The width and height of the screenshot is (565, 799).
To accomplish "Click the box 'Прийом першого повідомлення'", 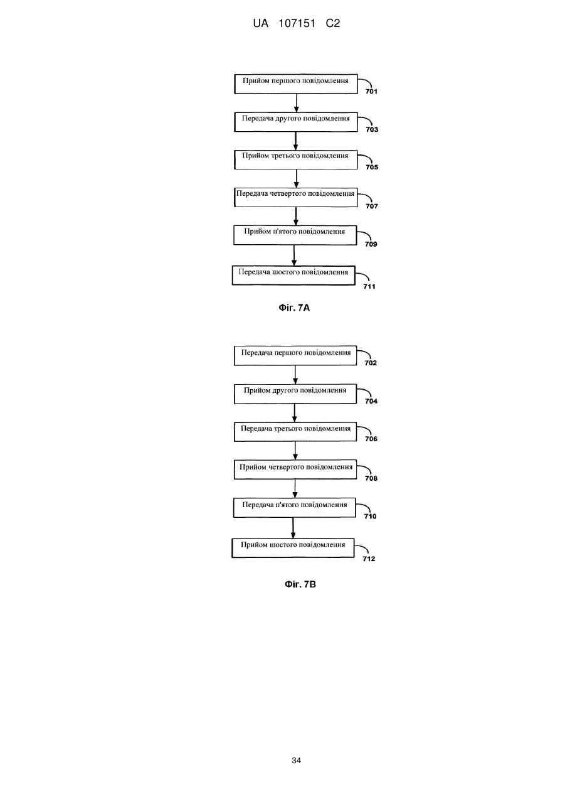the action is point(296,84).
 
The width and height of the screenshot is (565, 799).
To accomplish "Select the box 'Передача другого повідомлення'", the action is point(296,122).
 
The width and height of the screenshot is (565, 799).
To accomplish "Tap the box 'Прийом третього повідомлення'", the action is point(296,159).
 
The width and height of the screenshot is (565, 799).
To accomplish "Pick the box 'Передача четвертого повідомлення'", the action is point(296,197).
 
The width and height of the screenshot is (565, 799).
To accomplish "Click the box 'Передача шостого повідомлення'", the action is point(293,276).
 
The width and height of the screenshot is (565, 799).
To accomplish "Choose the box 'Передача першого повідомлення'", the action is point(295,355).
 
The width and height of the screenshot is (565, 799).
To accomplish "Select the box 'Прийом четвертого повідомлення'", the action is point(295,469).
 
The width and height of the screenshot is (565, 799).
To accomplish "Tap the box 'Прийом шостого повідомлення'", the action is point(293,548).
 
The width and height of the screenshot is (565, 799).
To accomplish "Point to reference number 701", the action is point(371,91).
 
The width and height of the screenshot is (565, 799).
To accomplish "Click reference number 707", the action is point(372,206).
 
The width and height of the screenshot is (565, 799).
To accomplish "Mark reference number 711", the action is point(369,286).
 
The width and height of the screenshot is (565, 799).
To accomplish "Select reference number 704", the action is point(371,401).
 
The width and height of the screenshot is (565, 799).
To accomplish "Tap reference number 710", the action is point(371,516).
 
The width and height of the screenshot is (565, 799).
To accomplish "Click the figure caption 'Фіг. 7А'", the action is point(294,308).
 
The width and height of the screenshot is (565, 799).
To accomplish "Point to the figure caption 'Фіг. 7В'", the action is point(300,584).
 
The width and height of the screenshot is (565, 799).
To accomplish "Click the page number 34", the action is point(296,761).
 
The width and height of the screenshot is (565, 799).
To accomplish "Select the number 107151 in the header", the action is point(297,24).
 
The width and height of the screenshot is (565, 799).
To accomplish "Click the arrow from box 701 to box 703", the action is point(296,103).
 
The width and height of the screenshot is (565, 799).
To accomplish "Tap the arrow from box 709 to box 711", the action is point(294,255).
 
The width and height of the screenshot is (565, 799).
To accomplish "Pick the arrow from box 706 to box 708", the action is point(295,451).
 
